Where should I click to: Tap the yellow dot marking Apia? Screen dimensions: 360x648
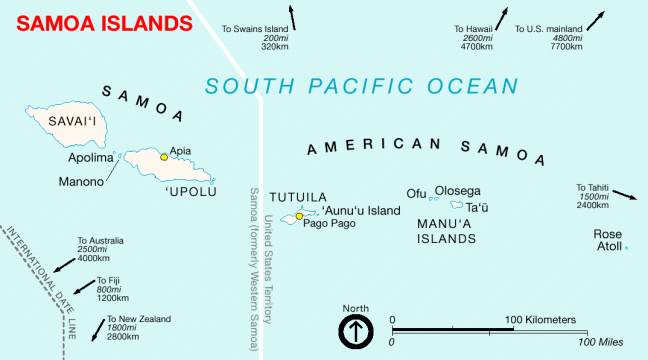point(164,157)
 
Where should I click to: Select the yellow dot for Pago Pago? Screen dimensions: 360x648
point(299,216)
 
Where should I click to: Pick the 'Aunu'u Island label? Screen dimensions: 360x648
point(361,210)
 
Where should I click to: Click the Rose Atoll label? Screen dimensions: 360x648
point(608,240)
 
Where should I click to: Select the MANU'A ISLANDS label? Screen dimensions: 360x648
point(445,231)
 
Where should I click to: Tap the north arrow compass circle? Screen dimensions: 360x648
point(355,331)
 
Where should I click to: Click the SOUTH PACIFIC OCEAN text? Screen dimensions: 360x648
point(362,87)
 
